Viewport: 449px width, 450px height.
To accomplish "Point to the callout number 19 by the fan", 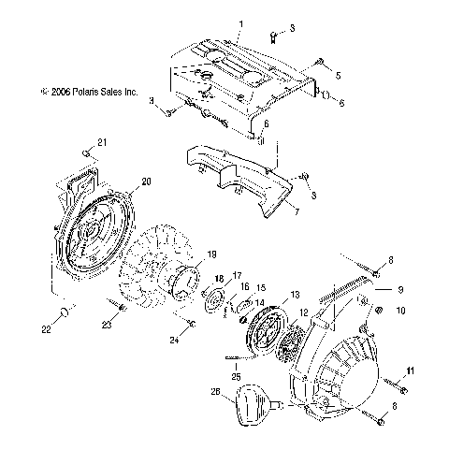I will pyautogui.click(x=210, y=254).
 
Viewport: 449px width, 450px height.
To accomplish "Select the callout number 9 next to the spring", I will pyautogui.click(x=400, y=289).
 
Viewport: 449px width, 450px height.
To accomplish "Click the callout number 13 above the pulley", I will pyautogui.click(x=295, y=294).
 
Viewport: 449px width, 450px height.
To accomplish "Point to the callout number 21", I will pyautogui.click(x=103, y=141).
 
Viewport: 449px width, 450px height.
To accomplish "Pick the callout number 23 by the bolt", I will pyautogui.click(x=106, y=323).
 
